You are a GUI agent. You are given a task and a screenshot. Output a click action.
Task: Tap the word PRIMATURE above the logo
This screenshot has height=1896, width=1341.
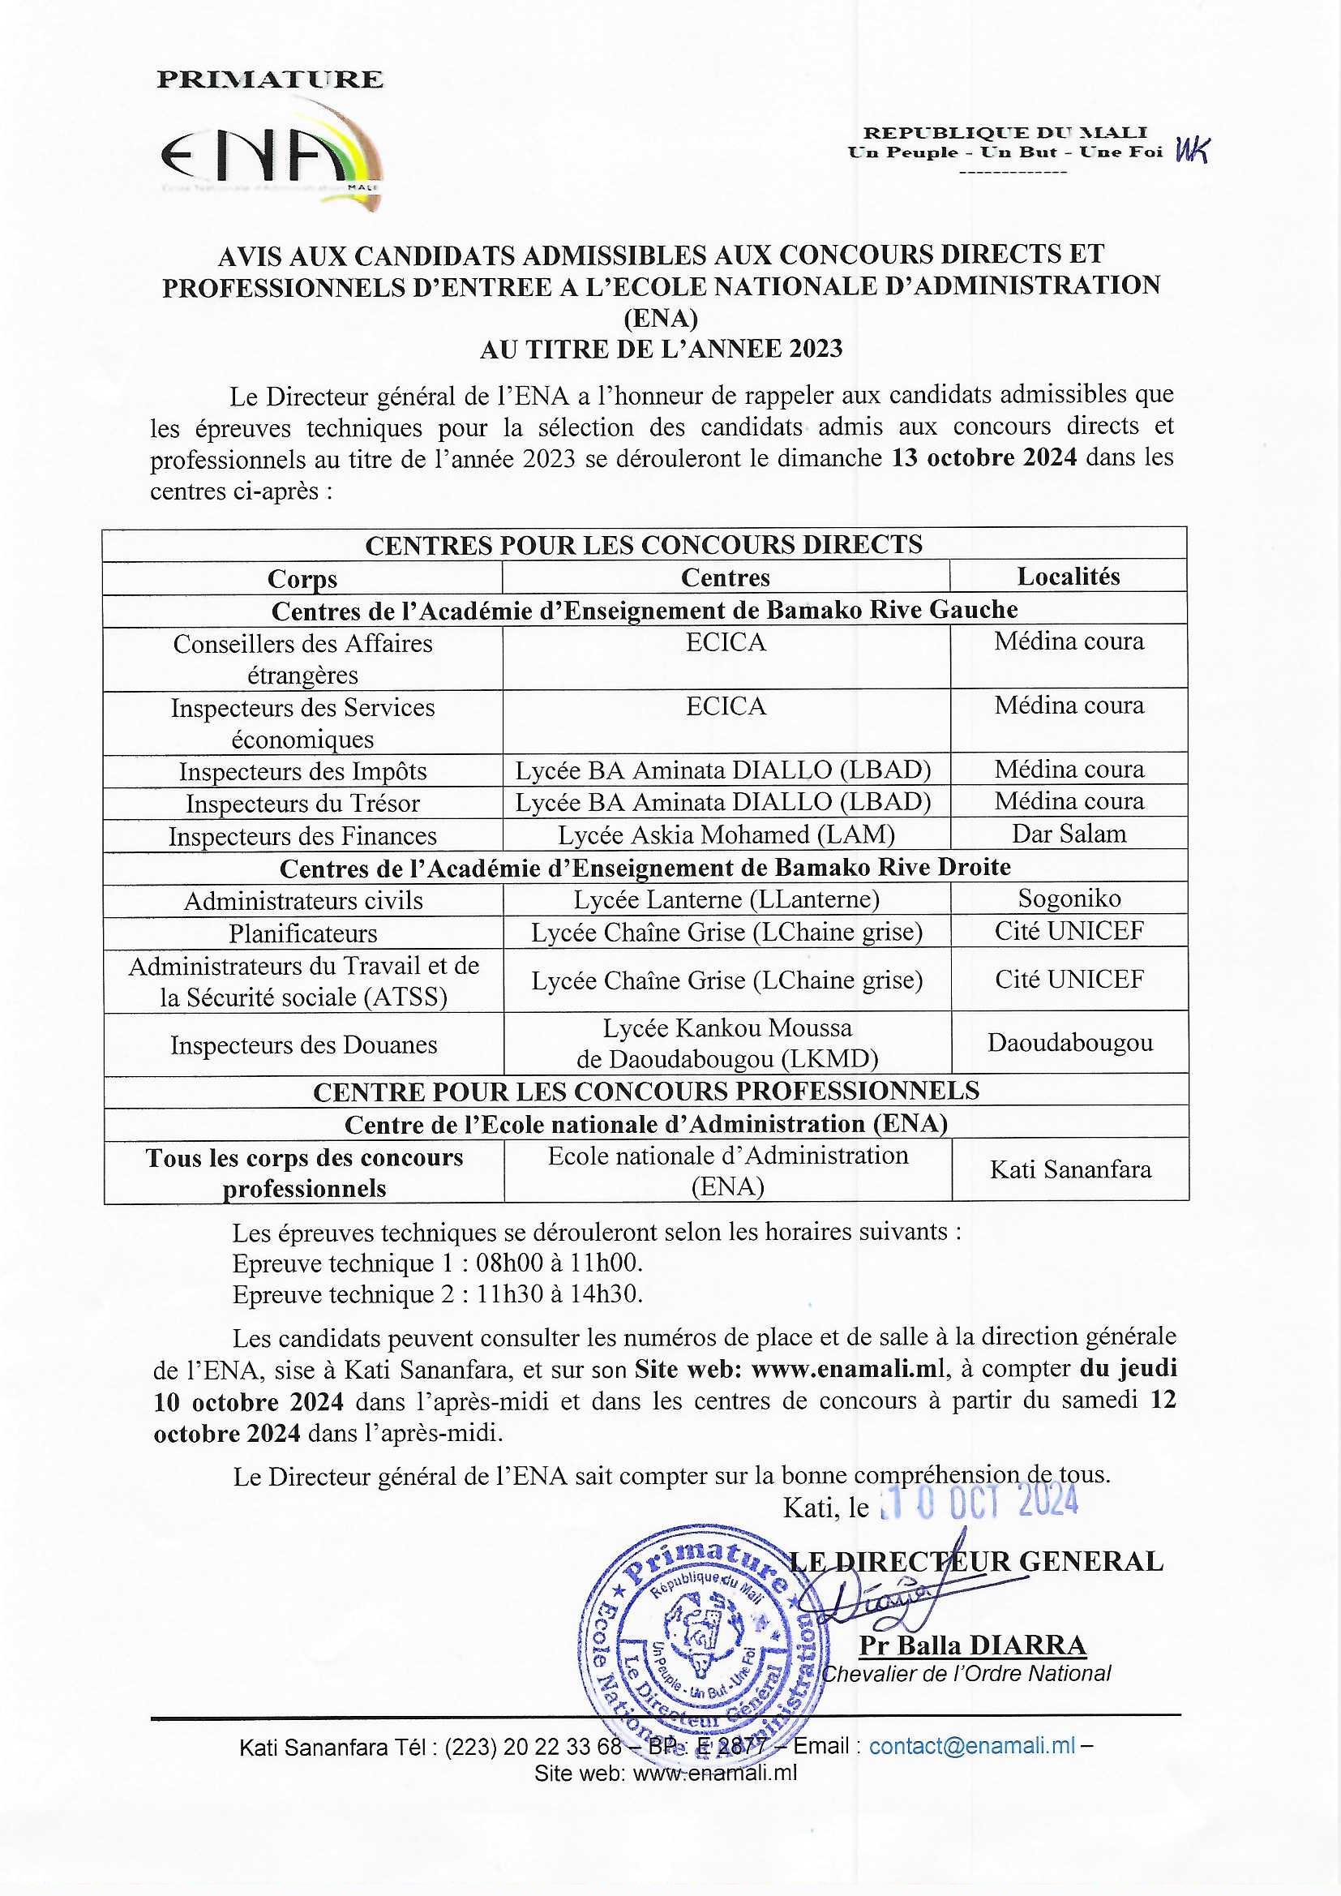tap(270, 79)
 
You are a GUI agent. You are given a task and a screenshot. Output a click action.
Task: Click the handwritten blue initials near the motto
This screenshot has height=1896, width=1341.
tap(1193, 150)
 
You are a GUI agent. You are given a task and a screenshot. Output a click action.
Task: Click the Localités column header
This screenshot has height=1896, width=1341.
tap(1068, 577)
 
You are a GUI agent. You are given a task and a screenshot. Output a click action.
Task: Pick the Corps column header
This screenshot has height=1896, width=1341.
tap(302, 579)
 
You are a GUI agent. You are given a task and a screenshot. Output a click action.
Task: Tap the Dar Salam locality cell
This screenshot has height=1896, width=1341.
tap(1069, 834)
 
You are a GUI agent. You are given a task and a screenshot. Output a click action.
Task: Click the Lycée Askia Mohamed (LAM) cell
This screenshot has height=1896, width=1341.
tap(726, 834)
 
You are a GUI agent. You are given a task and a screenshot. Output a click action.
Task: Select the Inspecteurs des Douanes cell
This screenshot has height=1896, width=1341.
tap(304, 1045)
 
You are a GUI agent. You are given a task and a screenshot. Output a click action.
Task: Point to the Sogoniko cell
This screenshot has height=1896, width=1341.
tap(1069, 899)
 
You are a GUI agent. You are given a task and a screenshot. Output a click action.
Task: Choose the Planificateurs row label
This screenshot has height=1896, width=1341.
tap(303, 933)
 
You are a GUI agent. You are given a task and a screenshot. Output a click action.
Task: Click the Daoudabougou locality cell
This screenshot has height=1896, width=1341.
tap(1069, 1042)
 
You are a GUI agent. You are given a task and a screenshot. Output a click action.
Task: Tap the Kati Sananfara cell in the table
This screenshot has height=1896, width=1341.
tap(1070, 1169)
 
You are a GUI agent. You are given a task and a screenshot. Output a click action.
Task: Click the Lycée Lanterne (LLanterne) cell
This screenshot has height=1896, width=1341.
tap(726, 899)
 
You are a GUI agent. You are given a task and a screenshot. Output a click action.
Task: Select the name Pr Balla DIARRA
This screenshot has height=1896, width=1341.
tap(972, 1645)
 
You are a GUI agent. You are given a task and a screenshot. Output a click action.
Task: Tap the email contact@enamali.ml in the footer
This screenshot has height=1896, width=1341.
tap(972, 1746)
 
